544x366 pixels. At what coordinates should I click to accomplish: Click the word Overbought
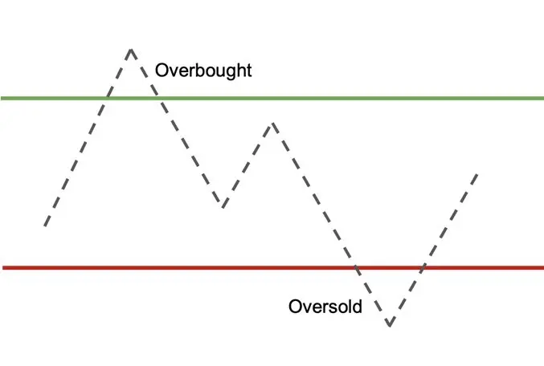(203, 71)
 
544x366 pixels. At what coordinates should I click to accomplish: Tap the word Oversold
(325, 307)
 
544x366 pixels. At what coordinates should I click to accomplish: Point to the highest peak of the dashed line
(131, 50)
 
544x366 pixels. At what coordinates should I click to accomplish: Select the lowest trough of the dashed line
(390, 325)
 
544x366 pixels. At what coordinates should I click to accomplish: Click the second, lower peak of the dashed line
(273, 124)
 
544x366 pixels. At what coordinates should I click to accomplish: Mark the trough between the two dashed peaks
(223, 206)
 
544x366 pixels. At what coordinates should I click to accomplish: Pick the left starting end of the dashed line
(45, 226)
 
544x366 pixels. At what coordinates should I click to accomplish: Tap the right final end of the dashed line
(477, 174)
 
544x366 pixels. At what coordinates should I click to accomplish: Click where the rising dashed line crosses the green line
(108, 99)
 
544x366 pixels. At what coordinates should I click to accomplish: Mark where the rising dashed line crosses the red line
(423, 267)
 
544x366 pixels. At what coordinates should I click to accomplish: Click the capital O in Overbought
(162, 70)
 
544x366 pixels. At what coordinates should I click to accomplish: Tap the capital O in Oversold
(295, 307)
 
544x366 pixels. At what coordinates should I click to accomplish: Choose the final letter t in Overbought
(249, 71)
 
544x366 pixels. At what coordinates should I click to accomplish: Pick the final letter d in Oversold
(358, 307)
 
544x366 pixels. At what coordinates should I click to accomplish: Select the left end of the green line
(2, 99)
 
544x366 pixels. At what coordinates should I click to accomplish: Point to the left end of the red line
(3, 267)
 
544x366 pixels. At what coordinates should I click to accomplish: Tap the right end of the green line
(543, 99)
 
